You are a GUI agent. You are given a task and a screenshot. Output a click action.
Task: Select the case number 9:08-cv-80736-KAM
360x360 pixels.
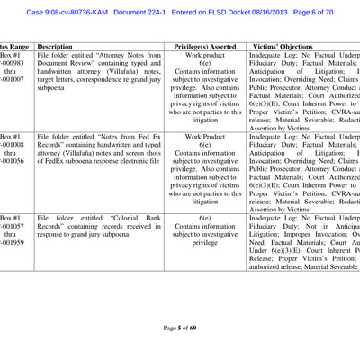(x=68, y=13)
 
